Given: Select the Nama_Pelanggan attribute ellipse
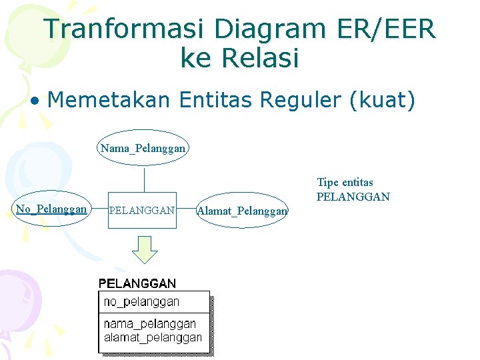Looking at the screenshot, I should (x=143, y=147).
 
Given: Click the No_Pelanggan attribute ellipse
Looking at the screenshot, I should (x=51, y=209).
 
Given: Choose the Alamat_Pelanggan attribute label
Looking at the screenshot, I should (x=243, y=211).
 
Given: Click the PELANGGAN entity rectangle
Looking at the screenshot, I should (x=142, y=211).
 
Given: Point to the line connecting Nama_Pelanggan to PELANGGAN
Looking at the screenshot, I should (x=144, y=180).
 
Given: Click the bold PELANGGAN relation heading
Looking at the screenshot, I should (x=137, y=283).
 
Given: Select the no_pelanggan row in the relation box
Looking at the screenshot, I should (x=141, y=302).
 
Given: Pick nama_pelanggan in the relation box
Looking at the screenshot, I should (x=150, y=323).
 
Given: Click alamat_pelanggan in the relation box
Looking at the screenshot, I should (x=153, y=337).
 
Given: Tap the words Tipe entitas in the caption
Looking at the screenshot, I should (x=345, y=182).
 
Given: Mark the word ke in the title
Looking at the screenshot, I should (x=195, y=59).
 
